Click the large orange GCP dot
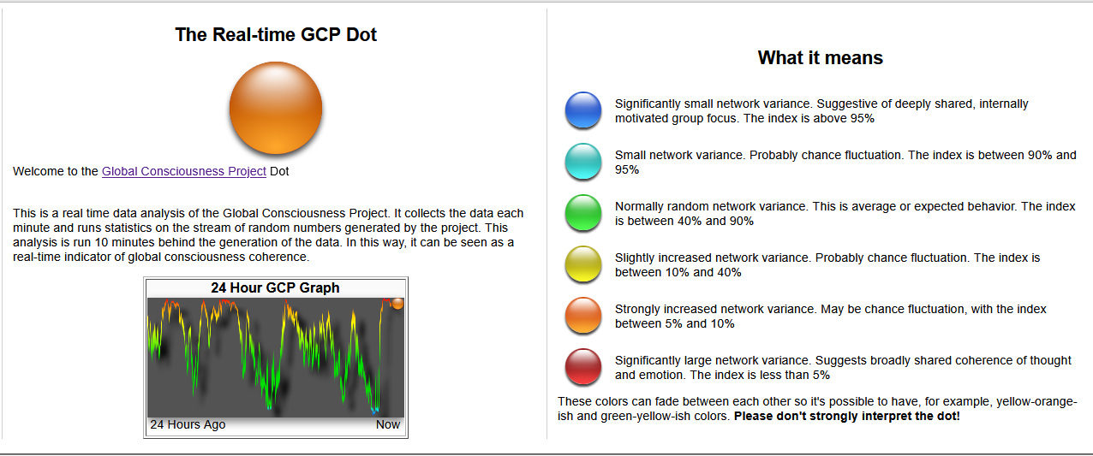pyautogui.click(x=276, y=108)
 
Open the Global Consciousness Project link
pyautogui.click(x=184, y=171)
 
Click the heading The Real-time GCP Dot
pyautogui.click(x=276, y=34)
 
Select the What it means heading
pyautogui.click(x=821, y=57)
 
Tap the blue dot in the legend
pyautogui.click(x=583, y=110)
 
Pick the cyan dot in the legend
pyautogui.click(x=583, y=161)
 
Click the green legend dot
pyautogui.click(x=583, y=212)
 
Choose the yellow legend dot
pyautogui.click(x=583, y=264)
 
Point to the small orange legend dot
pyautogui.click(x=583, y=315)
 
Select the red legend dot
pyautogui.click(x=583, y=366)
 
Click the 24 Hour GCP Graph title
pyautogui.click(x=275, y=288)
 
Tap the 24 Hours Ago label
pyautogui.click(x=188, y=425)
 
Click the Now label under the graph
pyautogui.click(x=388, y=425)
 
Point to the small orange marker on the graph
pyautogui.click(x=397, y=304)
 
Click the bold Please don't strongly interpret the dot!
pyautogui.click(x=846, y=416)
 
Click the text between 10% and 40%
pyautogui.click(x=678, y=272)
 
